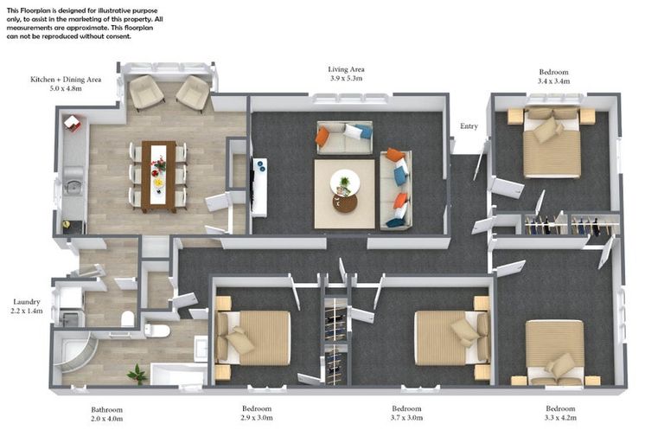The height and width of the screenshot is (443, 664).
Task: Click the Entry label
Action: point(469,126)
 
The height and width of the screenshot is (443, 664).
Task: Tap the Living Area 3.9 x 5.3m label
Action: point(346,74)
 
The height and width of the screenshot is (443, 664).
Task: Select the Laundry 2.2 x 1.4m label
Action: point(26,306)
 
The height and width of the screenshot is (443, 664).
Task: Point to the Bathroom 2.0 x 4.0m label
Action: point(106,414)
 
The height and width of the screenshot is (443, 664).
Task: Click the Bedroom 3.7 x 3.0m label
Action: point(406,413)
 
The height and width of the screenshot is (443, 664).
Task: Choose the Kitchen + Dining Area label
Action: point(66,80)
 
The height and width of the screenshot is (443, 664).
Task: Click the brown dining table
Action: point(159,177)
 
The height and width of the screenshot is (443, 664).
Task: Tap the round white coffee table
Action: point(345,183)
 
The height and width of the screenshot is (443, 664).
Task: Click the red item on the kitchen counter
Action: point(72,123)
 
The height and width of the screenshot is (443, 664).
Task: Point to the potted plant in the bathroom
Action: point(137,374)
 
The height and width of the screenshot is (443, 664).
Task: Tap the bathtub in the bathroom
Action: point(178,374)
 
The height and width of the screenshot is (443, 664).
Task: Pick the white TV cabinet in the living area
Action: point(259,188)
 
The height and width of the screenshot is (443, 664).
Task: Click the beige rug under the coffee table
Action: point(344,194)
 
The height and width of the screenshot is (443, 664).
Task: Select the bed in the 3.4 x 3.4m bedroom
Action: point(552,143)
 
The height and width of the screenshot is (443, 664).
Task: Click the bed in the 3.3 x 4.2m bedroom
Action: point(555,353)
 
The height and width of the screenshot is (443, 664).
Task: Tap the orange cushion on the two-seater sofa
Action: point(322,137)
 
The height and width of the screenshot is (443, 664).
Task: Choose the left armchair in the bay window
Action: point(146,93)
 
